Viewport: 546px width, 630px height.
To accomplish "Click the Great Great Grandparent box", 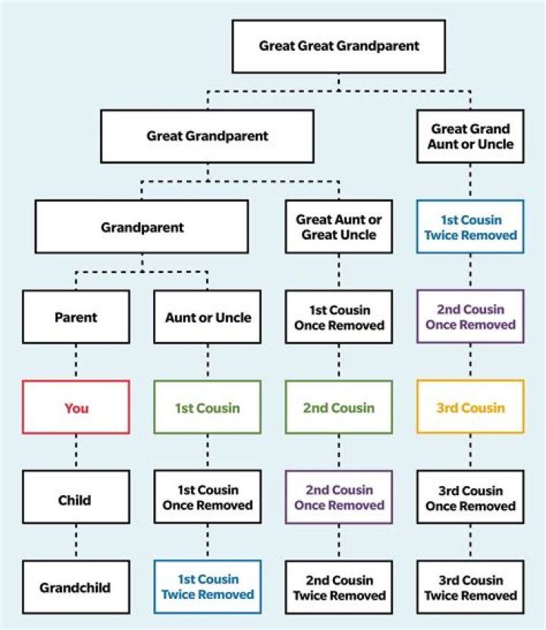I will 339,46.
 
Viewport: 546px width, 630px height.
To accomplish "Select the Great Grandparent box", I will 207,136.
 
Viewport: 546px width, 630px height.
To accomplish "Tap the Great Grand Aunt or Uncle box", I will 470,136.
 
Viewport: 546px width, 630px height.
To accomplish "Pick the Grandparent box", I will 142,227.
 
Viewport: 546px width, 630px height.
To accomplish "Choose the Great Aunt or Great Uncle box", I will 339,227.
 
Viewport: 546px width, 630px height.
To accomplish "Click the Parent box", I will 76,317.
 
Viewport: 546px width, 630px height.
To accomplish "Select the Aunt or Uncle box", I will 207,317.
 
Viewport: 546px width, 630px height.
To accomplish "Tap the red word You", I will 76,408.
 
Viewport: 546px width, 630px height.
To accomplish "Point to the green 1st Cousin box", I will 207,408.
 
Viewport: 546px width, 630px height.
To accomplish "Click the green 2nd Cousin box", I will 339,408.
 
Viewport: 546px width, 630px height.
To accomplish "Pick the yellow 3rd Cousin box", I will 470,408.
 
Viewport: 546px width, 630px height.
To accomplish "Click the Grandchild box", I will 76,588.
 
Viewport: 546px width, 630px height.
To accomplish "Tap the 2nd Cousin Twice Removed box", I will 339,588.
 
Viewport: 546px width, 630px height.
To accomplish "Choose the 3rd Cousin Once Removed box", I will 470,498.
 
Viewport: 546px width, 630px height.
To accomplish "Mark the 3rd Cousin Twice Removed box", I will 470,588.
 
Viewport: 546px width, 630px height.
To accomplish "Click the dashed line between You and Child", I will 76,453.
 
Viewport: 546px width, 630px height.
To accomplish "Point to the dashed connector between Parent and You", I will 76,362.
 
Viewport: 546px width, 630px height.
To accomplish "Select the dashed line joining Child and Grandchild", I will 76,543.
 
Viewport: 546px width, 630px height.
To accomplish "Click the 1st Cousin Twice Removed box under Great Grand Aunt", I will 470,227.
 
